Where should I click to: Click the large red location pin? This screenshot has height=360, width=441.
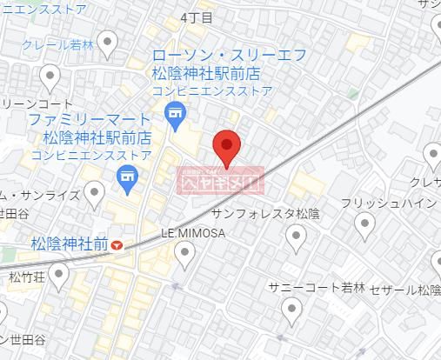(x=226, y=146)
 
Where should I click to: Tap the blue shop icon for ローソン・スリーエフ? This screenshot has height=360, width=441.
(x=176, y=111)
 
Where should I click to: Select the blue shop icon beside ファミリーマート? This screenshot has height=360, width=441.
(x=127, y=180)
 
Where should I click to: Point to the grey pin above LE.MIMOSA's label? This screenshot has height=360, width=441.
(x=184, y=253)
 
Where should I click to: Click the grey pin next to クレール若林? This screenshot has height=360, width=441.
(x=108, y=41)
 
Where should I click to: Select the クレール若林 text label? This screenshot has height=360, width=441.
(x=57, y=44)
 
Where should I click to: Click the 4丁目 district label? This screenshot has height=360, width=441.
(x=197, y=17)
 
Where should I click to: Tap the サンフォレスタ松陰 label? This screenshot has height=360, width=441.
(x=266, y=213)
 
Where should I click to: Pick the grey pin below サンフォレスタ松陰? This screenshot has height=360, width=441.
(x=297, y=235)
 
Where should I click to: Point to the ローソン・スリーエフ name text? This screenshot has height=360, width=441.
(x=229, y=56)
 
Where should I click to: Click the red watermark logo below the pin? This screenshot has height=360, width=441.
(x=220, y=182)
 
